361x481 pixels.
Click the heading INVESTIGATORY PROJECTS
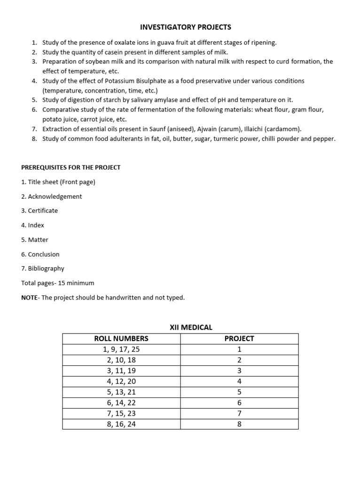[x=186, y=27]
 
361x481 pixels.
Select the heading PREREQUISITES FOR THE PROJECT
[x=71, y=168]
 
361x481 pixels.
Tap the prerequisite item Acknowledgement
[x=55, y=196]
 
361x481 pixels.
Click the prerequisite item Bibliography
[x=46, y=269]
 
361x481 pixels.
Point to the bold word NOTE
[x=29, y=298]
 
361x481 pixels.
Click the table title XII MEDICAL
[x=191, y=327]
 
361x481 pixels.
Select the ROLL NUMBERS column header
[x=121, y=339]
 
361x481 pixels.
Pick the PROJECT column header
[x=239, y=339]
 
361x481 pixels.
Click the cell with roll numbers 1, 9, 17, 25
[x=121, y=349]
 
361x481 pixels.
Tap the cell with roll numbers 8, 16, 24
[x=121, y=424]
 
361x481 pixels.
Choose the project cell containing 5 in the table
[x=239, y=392]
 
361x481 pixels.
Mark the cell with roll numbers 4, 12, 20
[x=121, y=381]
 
